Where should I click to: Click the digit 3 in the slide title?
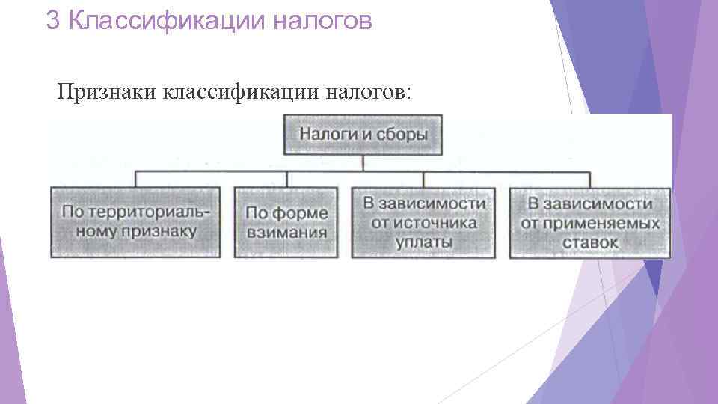coord(52,20)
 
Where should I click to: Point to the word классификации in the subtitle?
coord(236,91)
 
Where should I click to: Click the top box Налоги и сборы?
coord(363,135)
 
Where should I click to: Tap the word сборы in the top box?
coord(404,135)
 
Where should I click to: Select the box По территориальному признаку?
coord(135,222)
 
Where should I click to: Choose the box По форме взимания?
coord(286,222)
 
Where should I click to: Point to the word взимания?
coord(286,232)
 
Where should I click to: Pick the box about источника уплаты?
coord(423,222)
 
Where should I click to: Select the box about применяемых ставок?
coord(590,222)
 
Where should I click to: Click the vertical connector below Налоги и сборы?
coord(363,163)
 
